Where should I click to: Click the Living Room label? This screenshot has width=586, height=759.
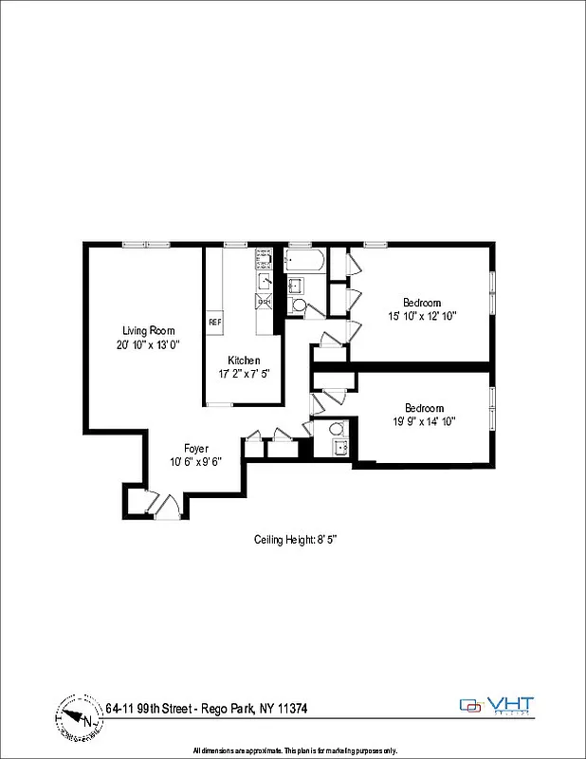coord(148,330)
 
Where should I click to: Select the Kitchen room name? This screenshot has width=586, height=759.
coord(244,361)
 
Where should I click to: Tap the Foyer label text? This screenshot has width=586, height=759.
coord(196,449)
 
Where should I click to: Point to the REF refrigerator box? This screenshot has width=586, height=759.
coord(214,322)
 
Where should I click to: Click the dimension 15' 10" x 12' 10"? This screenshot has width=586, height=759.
coord(422,317)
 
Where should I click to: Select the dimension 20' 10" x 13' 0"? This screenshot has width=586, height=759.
coord(148,344)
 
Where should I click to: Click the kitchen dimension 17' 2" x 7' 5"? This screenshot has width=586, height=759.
coord(244,374)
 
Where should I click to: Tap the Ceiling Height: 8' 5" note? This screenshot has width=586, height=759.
coord(296,539)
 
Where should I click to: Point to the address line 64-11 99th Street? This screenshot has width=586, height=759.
coord(206,709)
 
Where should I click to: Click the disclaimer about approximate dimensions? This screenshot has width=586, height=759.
coord(294,750)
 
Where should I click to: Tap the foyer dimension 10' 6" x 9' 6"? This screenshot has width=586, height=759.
coord(196,462)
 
